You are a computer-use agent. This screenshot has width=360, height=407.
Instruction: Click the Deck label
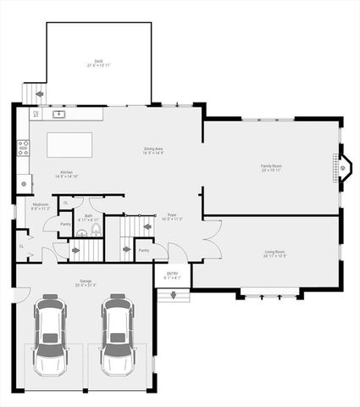99,63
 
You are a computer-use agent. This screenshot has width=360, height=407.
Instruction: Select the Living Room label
269,253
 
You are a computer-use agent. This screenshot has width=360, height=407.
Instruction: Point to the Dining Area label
153,151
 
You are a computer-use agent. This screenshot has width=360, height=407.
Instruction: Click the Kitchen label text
66,175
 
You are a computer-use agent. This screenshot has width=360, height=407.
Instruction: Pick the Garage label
83,283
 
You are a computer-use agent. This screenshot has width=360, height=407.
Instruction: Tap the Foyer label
171,217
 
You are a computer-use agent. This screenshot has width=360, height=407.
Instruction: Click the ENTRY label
172,275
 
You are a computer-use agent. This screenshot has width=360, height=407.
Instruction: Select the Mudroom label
40,206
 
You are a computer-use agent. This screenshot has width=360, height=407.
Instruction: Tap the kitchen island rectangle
74,145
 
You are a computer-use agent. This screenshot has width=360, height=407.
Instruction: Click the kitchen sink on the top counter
58,113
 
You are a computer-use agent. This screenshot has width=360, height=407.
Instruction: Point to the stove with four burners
23,148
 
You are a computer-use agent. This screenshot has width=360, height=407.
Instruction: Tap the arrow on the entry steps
174,295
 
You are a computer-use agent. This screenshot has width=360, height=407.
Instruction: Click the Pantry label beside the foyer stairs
143,250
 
